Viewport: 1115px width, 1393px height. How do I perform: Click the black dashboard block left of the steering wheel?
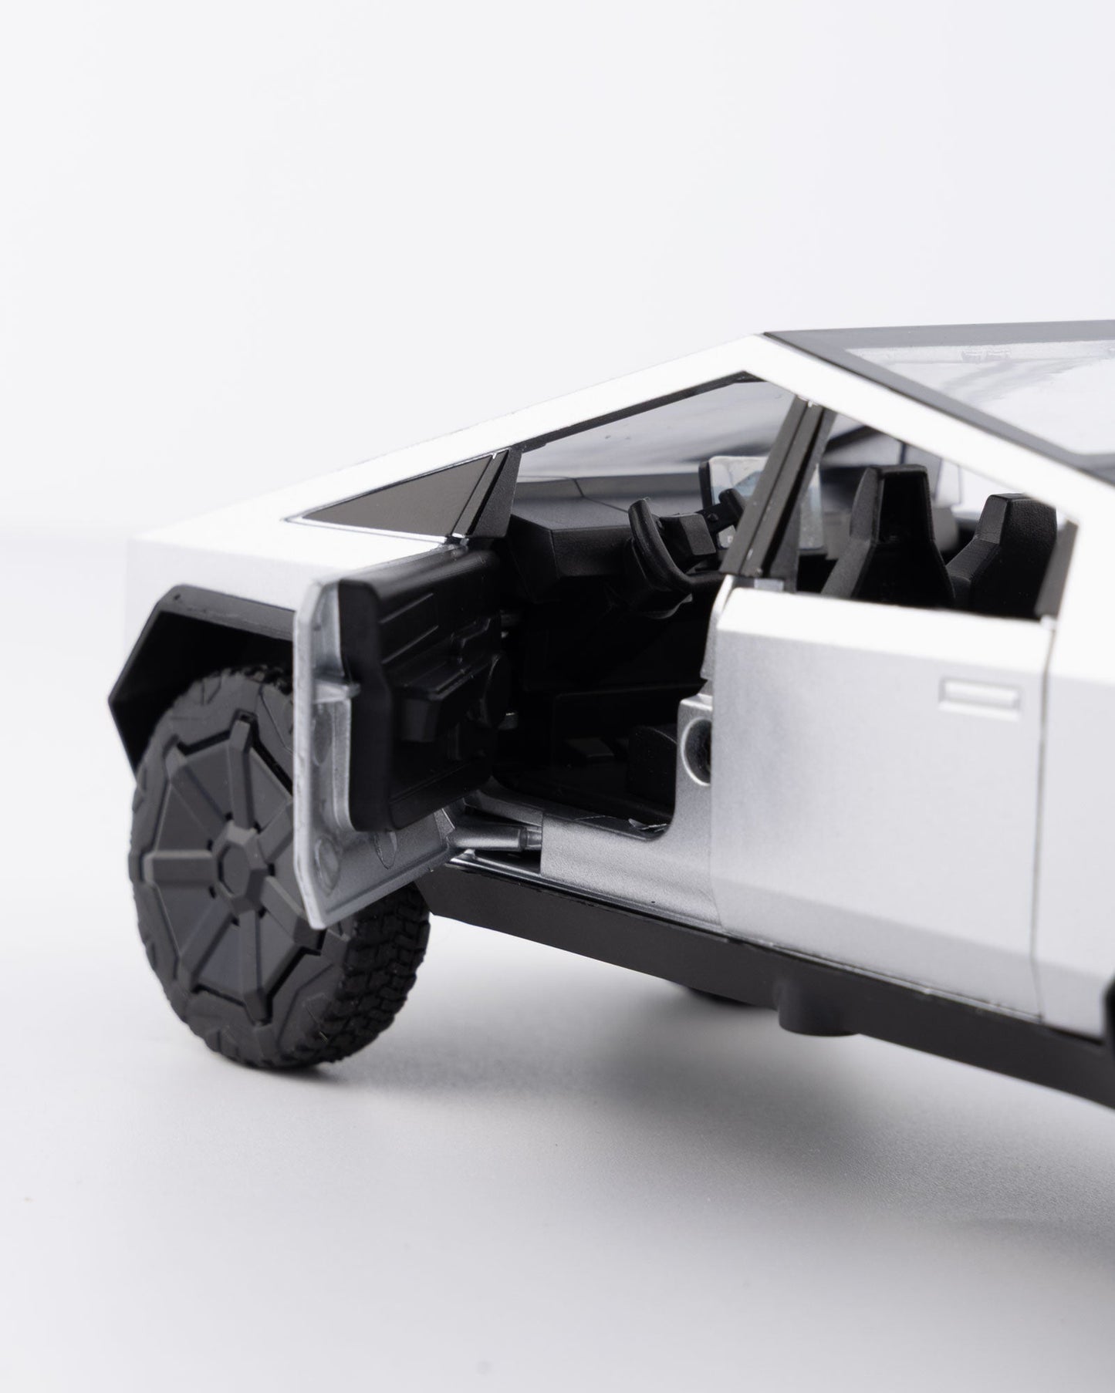(x=556, y=540)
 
